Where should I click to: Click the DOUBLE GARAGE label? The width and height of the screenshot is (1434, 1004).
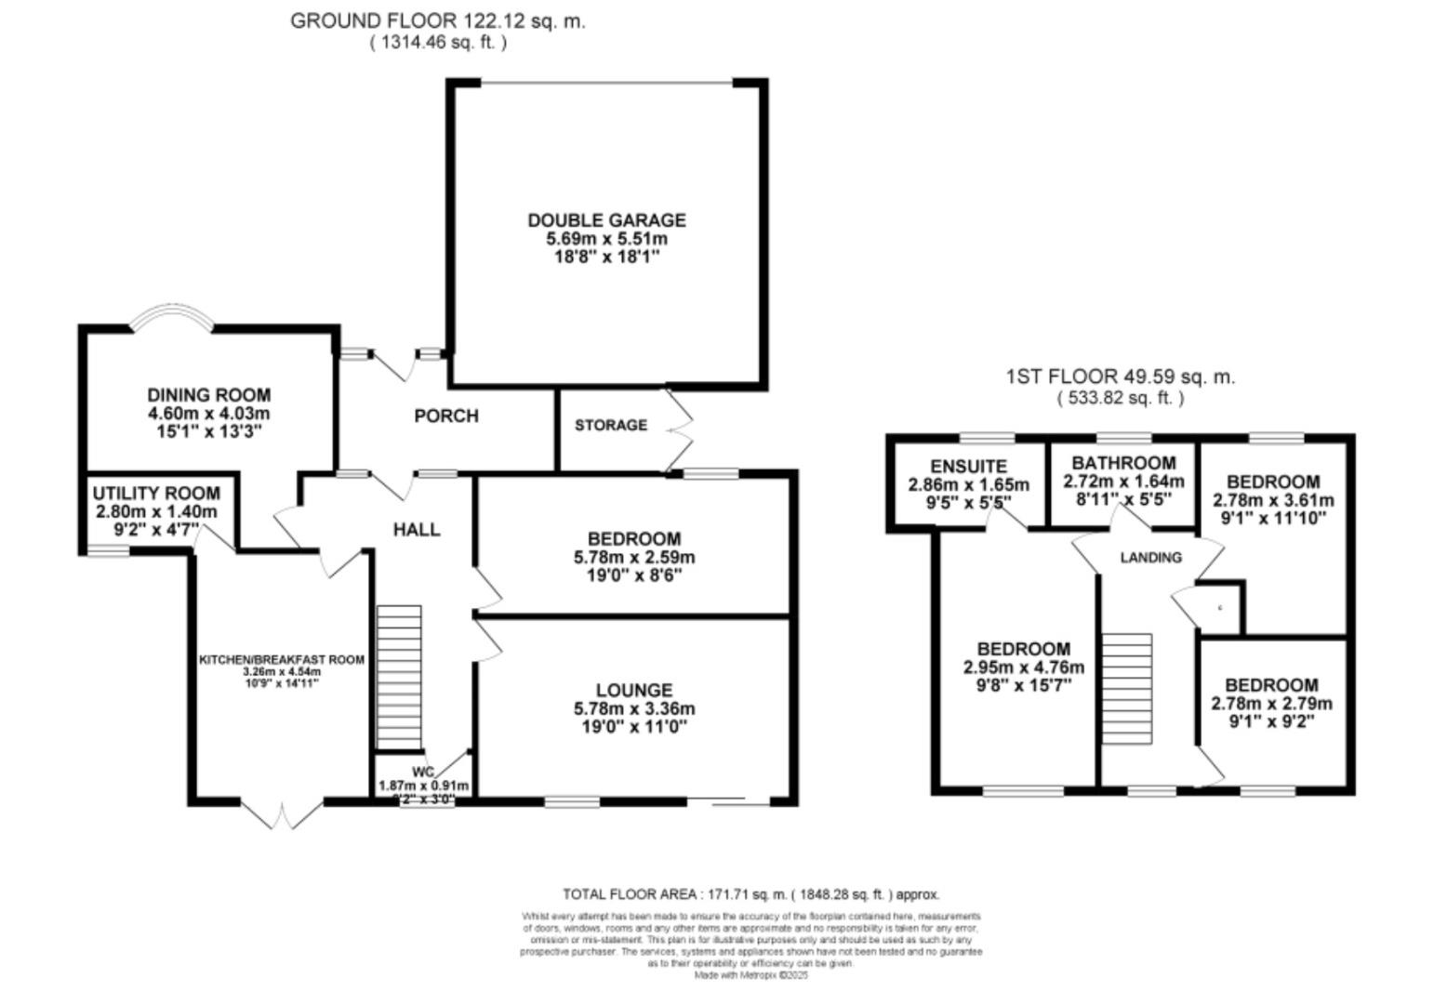pos(606,220)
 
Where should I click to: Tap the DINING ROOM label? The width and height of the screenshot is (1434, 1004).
pos(208,395)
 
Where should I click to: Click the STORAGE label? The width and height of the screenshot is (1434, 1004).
pos(610,425)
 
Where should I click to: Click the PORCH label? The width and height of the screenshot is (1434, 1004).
pos(446,416)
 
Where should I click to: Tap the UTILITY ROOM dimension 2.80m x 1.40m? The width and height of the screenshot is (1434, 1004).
pos(156,512)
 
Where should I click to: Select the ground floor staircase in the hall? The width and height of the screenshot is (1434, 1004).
pos(399,677)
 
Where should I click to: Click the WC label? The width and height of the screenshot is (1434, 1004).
pos(423,772)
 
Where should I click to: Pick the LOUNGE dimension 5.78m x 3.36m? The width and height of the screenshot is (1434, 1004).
pos(634,708)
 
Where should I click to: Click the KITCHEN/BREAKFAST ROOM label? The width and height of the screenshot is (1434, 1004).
pos(282,659)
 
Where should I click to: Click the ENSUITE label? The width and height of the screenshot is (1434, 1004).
pos(968,467)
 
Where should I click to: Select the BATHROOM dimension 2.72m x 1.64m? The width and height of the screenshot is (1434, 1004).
pos(1123,482)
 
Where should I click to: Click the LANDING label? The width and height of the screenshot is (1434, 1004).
pos(1150,558)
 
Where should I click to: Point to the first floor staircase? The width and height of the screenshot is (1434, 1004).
pos(1127,688)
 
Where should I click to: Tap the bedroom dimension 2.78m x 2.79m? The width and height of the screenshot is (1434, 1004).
pos(1271,703)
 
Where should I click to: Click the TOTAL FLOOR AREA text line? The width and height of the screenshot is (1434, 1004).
pos(750,894)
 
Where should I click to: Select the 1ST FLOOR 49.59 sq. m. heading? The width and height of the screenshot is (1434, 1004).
pos(1120,376)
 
